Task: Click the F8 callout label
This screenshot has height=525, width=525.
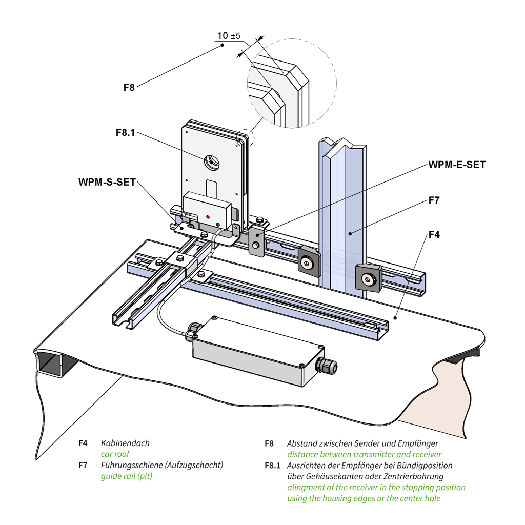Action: pos(129,87)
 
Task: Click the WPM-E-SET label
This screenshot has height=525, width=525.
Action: pos(457,165)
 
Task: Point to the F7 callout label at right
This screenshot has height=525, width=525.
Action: pos(434,200)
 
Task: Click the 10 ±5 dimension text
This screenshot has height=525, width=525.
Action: pos(229,36)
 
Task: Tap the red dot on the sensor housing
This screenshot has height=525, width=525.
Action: pos(208,217)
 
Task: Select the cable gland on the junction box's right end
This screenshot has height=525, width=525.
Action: pos(326,365)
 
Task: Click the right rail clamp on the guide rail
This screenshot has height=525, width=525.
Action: pos(369,279)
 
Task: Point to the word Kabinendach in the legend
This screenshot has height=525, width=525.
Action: pos(125,443)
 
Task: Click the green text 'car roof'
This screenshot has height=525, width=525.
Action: pos(115,454)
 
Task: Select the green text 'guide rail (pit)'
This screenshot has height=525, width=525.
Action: pos(126,476)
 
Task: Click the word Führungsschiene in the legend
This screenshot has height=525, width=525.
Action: pos(131,465)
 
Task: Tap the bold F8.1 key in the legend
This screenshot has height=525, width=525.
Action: pos(273,466)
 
